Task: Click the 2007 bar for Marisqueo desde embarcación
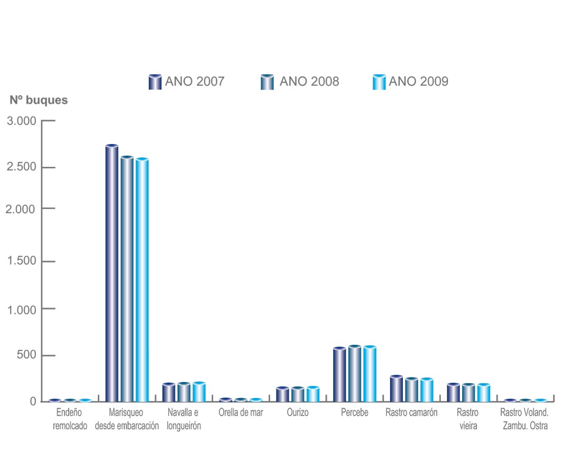(x=112, y=273)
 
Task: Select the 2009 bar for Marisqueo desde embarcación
(x=142, y=279)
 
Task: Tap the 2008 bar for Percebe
(x=354, y=374)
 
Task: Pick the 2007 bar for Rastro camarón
(x=396, y=388)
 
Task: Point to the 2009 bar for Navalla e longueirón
(x=199, y=392)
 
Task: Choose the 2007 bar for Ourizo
(x=282, y=394)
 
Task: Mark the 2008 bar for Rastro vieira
(x=468, y=393)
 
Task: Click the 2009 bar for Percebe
(x=370, y=374)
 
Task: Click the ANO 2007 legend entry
(x=187, y=82)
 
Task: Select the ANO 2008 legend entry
(x=300, y=82)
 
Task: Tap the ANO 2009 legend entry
(x=410, y=82)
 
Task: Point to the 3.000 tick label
(x=21, y=121)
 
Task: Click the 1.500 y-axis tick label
(x=21, y=261)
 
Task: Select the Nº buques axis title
(x=39, y=100)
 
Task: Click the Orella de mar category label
(x=241, y=413)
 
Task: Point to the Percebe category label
(x=355, y=413)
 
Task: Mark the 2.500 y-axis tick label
(x=21, y=168)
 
